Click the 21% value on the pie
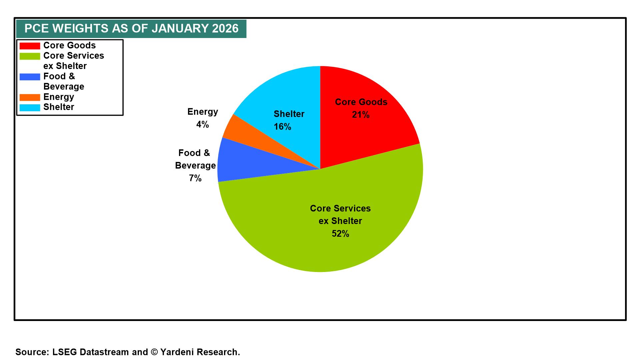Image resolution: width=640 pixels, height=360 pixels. tap(361, 115)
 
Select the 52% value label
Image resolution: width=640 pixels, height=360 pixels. tap(340, 234)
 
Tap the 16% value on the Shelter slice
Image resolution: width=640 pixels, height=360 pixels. tap(282, 127)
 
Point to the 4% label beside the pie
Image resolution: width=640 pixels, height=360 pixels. tap(202, 125)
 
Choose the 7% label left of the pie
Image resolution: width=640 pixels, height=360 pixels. tap(195, 179)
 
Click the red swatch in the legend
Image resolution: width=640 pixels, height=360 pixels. tap(30, 46)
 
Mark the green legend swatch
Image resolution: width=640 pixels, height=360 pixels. tap(30, 56)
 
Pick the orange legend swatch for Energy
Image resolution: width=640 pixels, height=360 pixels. tap(30, 97)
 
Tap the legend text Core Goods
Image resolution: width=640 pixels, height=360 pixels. tap(69, 45)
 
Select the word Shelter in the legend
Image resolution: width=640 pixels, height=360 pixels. tap(59, 107)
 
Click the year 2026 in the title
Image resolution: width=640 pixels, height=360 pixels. tap(225, 29)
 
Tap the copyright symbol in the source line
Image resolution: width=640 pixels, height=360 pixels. tap(154, 352)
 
